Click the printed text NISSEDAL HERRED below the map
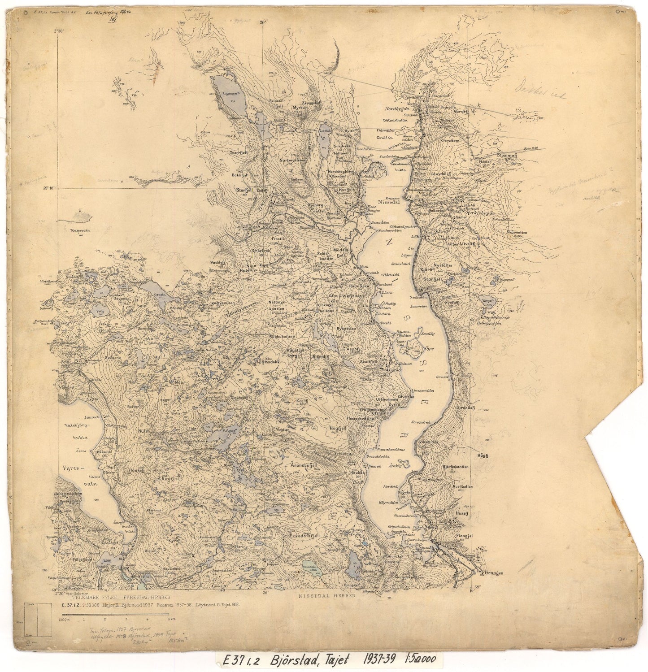[x=326, y=595]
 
